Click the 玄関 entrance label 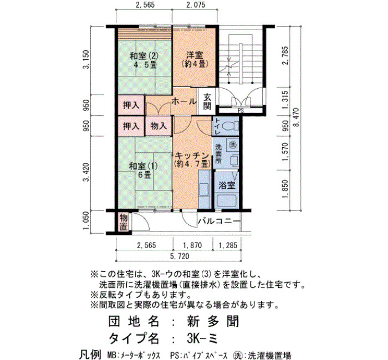(207, 101)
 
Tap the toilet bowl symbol (231, 126)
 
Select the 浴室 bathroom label (226, 185)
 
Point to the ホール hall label (184, 101)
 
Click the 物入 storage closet (159, 126)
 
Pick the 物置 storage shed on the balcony (123, 222)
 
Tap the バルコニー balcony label (219, 220)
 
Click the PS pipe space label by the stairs (241, 111)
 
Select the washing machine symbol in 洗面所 (232, 145)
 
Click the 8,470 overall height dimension (297, 117)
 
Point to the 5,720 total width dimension (180, 256)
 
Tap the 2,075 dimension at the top (196, 4)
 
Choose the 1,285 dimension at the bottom (227, 245)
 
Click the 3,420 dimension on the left (86, 172)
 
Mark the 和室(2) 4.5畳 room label (144, 60)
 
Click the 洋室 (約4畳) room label (195, 60)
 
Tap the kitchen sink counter (205, 189)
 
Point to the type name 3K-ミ (202, 338)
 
